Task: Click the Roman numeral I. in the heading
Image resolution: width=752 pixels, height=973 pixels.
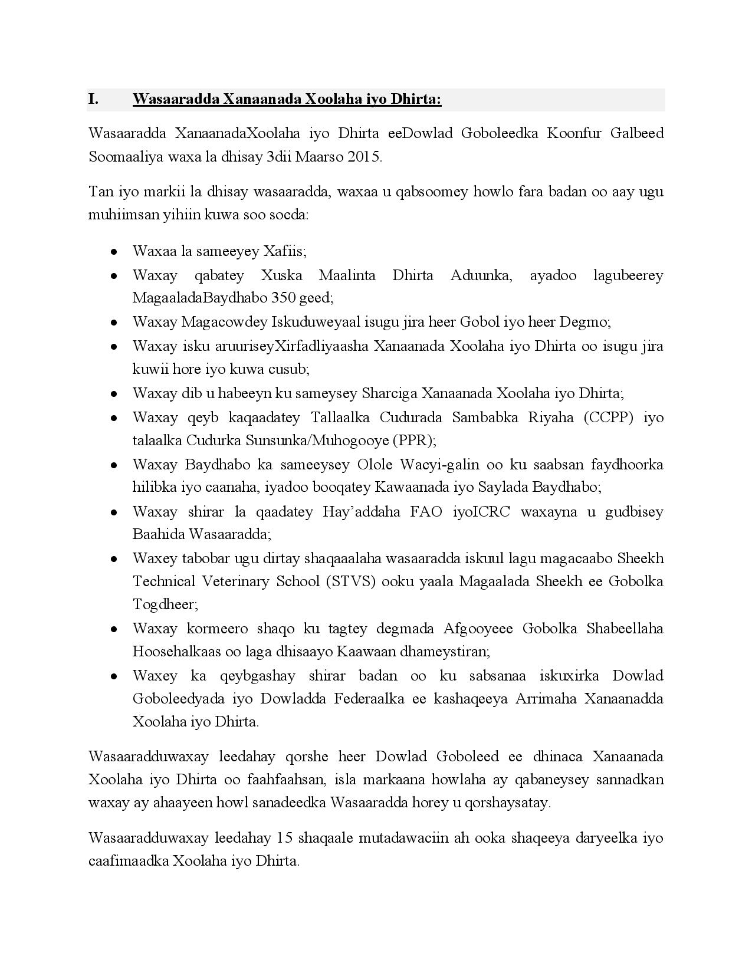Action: click(x=93, y=99)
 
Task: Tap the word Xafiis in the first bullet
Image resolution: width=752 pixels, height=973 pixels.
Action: click(x=284, y=251)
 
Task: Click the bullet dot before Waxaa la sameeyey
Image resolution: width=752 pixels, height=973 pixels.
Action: click(x=113, y=252)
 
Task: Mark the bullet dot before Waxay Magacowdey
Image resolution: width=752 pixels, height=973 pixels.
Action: click(x=113, y=323)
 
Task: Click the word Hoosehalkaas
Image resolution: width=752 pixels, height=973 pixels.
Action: click(x=174, y=652)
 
